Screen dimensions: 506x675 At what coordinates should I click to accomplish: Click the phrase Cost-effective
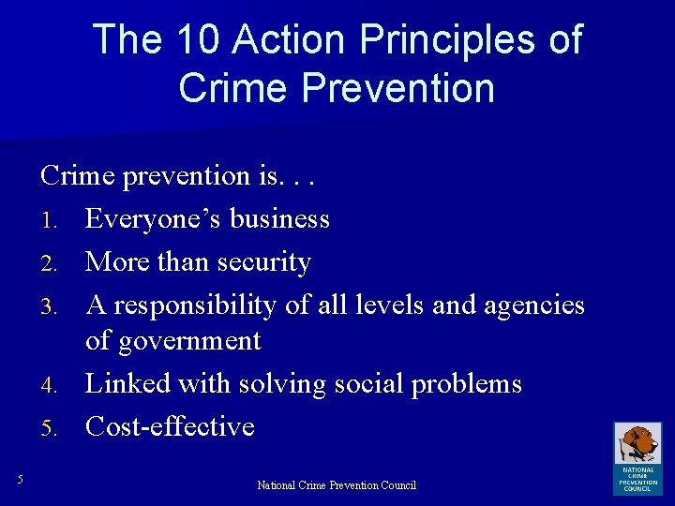pos(170,426)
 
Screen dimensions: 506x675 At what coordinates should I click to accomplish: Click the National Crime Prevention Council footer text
pos(337,484)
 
